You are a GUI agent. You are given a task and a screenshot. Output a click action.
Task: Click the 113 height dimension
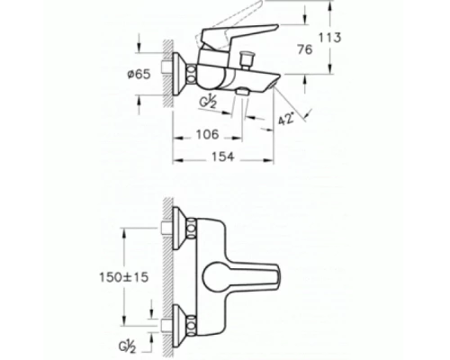[x=329, y=38]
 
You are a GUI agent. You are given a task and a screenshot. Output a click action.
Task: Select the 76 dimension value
[x=305, y=49]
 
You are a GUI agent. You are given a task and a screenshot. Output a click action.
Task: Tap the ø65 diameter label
[x=139, y=74]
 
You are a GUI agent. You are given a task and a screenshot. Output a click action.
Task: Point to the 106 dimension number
[x=208, y=134]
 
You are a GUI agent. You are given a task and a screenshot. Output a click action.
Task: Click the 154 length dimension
[x=223, y=157]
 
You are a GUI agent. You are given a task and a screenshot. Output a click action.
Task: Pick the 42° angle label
[x=285, y=119]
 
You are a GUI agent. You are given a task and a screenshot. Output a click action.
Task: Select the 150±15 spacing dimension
[x=124, y=277]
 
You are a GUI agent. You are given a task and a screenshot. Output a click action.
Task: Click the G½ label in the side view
[x=209, y=102]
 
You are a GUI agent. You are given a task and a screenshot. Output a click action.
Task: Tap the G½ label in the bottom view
[x=128, y=346]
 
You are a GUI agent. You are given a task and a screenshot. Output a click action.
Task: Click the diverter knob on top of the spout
[x=247, y=61]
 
